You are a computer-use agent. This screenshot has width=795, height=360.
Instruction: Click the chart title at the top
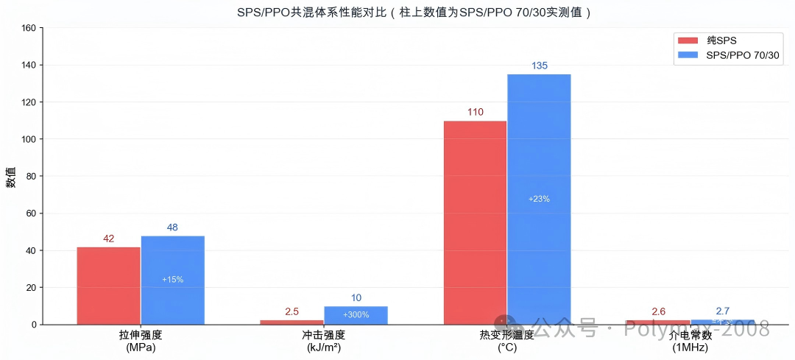click(414, 13)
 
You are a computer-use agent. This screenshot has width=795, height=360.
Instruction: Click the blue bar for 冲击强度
click(356, 315)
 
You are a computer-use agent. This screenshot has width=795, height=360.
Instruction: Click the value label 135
click(539, 66)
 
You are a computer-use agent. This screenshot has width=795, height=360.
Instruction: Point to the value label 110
click(475, 113)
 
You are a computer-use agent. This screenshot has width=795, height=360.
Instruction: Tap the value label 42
click(108, 239)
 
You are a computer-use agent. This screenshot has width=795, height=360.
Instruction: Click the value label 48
click(172, 227)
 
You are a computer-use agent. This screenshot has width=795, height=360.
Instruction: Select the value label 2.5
click(291, 311)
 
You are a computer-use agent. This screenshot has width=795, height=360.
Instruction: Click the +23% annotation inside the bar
click(539, 199)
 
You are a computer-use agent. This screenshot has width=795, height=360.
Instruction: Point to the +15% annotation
click(172, 280)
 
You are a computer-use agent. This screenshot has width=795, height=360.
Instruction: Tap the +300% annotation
click(356, 315)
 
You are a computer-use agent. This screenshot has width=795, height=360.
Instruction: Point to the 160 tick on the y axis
click(29, 28)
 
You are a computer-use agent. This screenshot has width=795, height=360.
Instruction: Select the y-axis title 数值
click(11, 177)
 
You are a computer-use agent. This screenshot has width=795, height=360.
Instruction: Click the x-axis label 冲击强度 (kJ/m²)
click(324, 341)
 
